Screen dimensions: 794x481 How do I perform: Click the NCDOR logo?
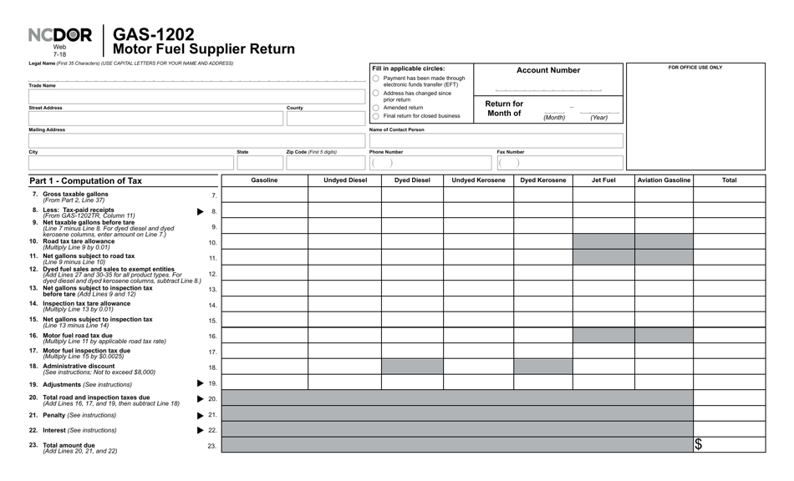point(60,36)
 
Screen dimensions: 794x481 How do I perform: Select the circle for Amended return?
point(375,108)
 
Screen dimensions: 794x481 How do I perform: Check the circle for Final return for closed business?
point(375,116)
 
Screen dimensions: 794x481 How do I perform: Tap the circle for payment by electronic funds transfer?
point(375,78)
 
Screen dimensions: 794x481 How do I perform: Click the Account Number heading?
point(547,70)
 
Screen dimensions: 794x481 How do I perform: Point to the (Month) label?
point(554,118)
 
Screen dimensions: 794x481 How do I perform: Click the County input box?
point(325,119)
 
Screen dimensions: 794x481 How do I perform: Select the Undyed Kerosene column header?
point(478,180)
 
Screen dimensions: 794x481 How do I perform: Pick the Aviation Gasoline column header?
point(664,180)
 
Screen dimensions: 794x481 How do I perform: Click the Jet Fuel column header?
point(603,180)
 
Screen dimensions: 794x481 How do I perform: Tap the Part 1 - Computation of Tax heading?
point(86,180)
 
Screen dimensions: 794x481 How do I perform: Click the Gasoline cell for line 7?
point(264,195)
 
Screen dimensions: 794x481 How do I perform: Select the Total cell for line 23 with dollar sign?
point(729,445)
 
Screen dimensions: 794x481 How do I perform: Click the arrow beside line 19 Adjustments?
point(200,383)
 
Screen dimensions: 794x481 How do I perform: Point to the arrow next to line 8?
point(200,212)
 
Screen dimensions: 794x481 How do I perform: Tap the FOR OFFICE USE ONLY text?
point(695,68)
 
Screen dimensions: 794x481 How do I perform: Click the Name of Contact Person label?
point(397,129)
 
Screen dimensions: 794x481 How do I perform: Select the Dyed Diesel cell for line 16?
point(412,336)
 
